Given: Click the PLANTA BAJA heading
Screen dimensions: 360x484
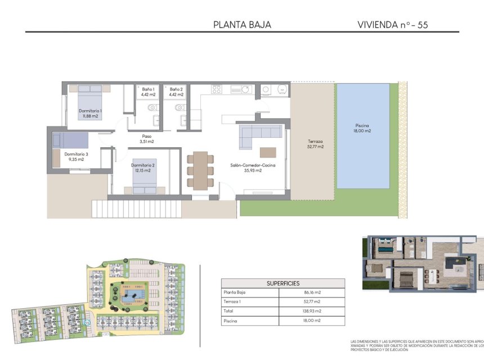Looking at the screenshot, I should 242,24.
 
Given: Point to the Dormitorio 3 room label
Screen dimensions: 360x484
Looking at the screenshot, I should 74,156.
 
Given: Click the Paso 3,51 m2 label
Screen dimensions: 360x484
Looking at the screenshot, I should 147,138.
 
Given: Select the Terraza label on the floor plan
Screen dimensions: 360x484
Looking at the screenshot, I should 315,144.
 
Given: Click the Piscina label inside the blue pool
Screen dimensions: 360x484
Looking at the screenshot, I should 362,128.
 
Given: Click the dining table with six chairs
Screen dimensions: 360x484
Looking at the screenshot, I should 200,170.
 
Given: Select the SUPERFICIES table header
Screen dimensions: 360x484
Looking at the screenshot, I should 283,283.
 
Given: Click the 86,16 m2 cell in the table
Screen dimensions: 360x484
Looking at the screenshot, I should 312,292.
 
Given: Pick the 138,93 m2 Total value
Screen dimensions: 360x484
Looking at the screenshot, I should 312,310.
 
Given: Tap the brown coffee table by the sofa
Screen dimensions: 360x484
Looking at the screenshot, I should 268,152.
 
